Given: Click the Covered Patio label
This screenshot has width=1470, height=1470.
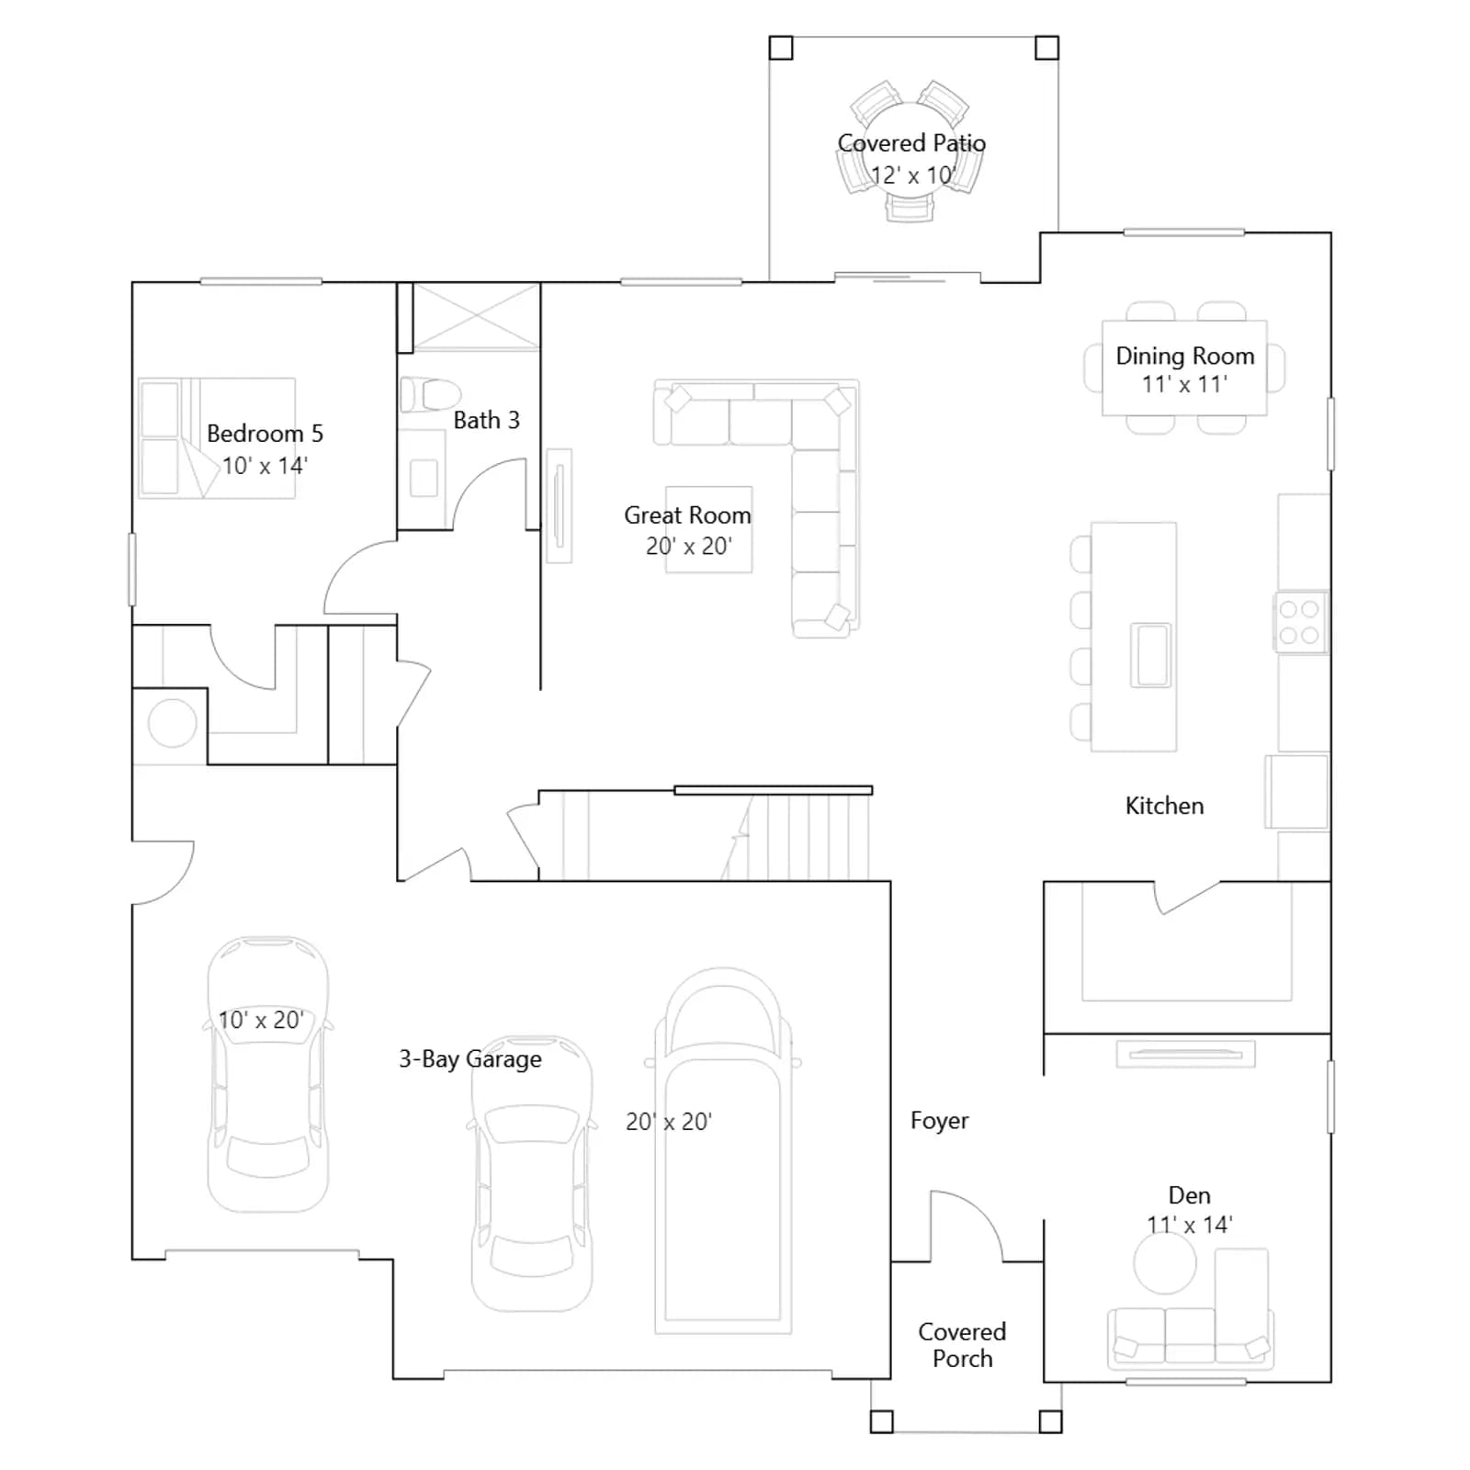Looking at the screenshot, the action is [x=911, y=143].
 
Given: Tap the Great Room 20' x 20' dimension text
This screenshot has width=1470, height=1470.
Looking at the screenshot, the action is [x=689, y=546].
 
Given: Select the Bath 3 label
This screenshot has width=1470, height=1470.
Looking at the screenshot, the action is [x=487, y=420].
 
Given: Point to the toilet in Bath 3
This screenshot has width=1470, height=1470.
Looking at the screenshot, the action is [x=430, y=394].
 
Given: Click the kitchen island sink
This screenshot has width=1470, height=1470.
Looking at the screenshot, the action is [x=1152, y=654].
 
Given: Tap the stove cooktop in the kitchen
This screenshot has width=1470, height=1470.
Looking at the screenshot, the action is [x=1300, y=622].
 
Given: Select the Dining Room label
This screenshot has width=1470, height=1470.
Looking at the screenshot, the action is [x=1185, y=356].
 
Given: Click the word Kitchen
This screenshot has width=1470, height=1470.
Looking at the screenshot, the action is [x=1164, y=806].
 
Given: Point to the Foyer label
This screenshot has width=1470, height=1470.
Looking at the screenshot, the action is [x=939, y=1121].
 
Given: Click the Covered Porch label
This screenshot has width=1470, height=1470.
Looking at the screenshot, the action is [x=962, y=1345].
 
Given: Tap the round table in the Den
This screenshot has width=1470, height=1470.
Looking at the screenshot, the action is [x=1165, y=1263].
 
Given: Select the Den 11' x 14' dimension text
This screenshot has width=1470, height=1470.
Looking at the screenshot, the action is [x=1190, y=1225].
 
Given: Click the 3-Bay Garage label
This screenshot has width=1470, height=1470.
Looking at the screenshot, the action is [x=470, y=1059].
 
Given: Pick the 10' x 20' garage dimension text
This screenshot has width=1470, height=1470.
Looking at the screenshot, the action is [x=261, y=1020].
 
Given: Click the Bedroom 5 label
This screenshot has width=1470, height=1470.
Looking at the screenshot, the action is [x=265, y=434].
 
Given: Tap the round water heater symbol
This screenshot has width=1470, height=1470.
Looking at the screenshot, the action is [x=173, y=723].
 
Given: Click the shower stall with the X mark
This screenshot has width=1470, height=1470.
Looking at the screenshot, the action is [x=476, y=317].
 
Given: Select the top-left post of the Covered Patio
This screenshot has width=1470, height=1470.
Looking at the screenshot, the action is [x=781, y=48].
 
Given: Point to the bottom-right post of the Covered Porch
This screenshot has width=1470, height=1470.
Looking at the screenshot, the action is [x=1050, y=1421].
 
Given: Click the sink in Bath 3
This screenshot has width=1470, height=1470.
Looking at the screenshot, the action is [x=424, y=479].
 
